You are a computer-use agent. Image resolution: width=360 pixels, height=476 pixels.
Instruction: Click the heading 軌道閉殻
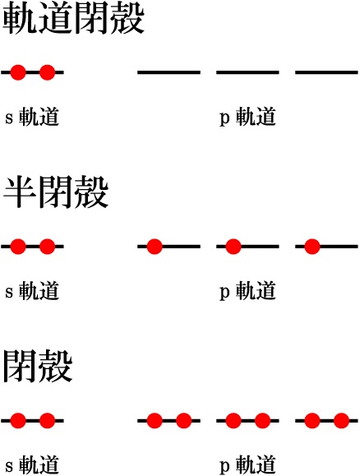point(73,20)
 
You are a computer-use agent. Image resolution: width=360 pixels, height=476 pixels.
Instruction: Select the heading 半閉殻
point(56,192)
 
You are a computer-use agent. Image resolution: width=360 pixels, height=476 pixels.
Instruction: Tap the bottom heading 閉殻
point(38,366)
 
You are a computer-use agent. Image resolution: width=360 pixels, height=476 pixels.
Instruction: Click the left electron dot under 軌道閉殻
point(18,72)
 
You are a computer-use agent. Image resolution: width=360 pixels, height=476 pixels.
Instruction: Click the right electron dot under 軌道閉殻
point(48,72)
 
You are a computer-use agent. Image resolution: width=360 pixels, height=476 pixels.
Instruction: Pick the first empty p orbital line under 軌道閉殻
point(168,72)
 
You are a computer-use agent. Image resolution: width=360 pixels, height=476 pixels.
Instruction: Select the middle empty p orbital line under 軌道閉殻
point(247,72)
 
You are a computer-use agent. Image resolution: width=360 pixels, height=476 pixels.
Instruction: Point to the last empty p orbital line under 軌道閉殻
point(326,72)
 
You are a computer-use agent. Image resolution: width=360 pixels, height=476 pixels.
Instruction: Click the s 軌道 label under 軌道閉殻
point(32,117)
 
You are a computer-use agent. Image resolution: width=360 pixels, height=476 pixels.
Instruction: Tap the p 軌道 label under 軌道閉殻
point(247,117)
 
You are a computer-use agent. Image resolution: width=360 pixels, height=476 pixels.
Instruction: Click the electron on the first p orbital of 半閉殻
point(155,246)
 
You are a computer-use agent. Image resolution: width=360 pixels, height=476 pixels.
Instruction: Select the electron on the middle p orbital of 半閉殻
point(233,246)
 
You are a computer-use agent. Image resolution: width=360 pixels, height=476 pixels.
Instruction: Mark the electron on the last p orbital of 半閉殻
point(312,246)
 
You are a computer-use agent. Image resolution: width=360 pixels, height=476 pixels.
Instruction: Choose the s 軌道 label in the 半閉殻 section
point(32,291)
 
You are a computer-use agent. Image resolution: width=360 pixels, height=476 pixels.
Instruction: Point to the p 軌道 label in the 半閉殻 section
point(247,291)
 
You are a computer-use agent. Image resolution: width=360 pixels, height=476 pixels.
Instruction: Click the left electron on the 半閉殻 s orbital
point(18,246)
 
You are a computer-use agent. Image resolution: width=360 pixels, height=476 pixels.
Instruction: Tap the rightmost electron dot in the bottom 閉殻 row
point(341,420)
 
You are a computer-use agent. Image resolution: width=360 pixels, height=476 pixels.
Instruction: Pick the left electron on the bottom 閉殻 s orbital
point(18,420)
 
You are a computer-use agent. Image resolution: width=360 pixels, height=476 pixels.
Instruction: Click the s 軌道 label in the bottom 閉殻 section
point(32,464)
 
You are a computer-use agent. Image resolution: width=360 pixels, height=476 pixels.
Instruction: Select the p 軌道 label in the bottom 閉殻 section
point(247,464)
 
